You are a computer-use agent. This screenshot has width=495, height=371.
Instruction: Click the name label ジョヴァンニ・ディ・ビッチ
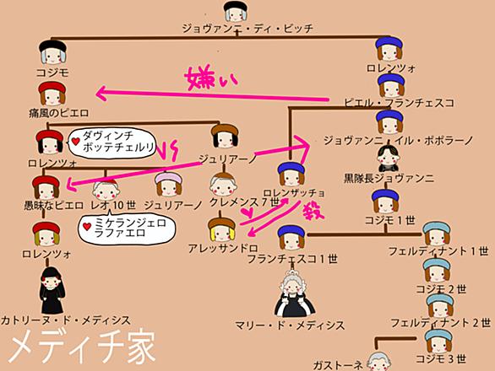tap(247, 29)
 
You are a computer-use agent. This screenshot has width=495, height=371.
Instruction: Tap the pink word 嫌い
tap(211, 78)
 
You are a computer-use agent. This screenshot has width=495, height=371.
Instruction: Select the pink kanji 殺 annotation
tap(313, 211)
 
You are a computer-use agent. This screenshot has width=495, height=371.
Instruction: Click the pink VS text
tap(168, 151)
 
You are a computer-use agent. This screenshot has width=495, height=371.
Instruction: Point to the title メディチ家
tap(82, 347)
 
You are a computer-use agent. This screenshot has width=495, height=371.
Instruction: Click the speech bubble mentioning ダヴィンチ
tap(112, 142)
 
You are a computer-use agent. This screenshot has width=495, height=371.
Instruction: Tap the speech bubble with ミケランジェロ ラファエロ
tap(127, 229)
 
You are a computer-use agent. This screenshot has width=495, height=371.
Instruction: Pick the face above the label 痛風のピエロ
tap(52, 94)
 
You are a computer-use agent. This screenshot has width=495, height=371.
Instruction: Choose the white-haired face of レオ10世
tap(106, 190)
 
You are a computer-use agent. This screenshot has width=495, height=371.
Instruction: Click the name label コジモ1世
tap(389, 220)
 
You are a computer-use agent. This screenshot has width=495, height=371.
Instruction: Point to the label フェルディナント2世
tap(441, 323)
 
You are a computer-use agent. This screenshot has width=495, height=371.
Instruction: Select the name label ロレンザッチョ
tap(294, 193)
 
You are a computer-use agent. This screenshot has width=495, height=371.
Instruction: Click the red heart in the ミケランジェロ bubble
tap(87, 226)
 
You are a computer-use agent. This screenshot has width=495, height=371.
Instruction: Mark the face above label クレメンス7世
tap(224, 186)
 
